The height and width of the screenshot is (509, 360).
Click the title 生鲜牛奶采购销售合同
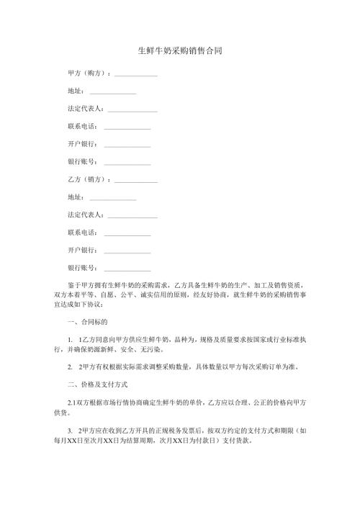point(179,52)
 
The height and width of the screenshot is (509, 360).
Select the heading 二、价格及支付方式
point(96,385)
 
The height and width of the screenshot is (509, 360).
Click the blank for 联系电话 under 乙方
point(127,233)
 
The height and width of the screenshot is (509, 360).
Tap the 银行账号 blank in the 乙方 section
point(127,268)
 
